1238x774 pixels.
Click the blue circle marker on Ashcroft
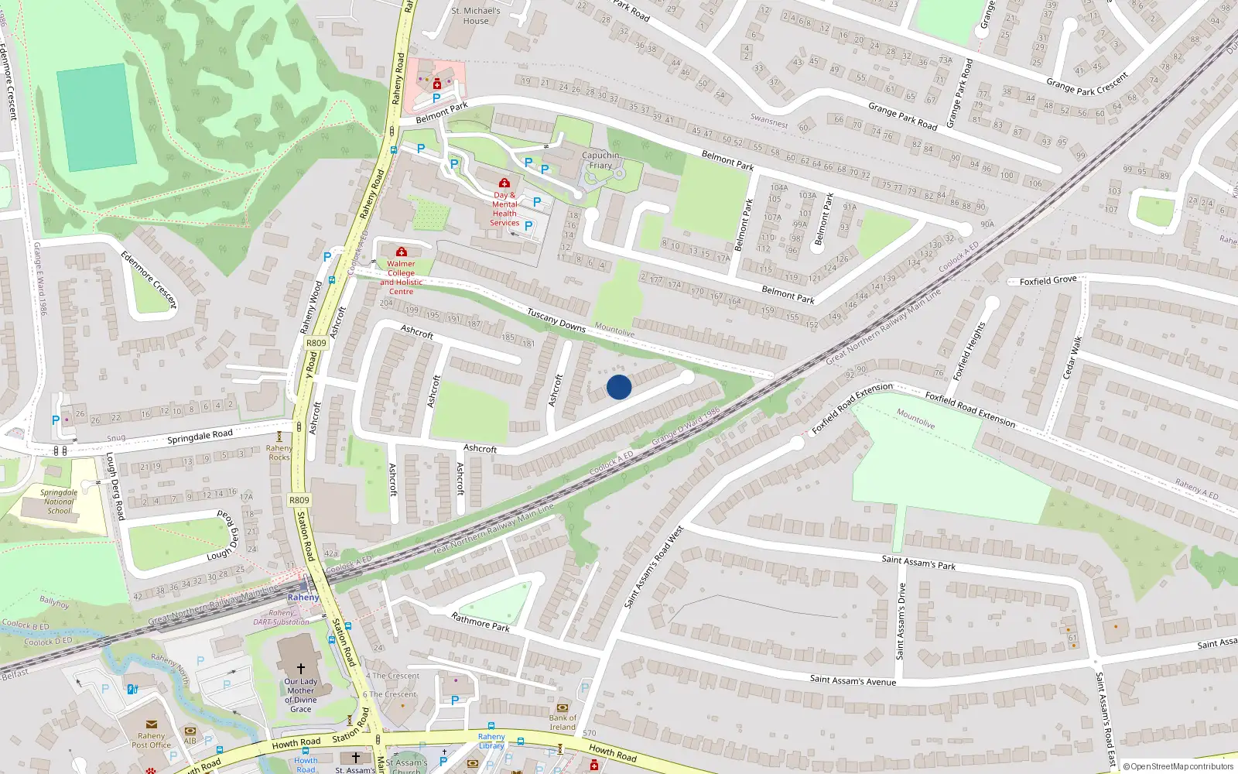[619, 387]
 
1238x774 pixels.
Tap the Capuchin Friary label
[600, 160]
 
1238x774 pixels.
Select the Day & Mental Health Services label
[504, 209]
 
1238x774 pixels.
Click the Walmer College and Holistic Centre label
[401, 277]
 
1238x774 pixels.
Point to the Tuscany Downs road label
[556, 320]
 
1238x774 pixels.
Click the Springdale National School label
[59, 502]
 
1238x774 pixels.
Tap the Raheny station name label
[303, 598]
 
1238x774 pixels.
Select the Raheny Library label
[491, 741]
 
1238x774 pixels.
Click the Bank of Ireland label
[563, 722]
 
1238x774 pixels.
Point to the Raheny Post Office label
[151, 740]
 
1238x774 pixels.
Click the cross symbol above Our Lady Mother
[301, 668]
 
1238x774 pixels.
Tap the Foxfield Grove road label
[1048, 280]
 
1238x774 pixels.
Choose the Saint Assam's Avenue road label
[853, 680]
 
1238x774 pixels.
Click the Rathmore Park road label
[480, 622]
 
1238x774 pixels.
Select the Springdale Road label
[200, 437]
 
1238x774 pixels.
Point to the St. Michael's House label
[476, 16]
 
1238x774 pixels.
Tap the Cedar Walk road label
[1072, 358]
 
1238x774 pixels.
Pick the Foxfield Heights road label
[969, 351]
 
